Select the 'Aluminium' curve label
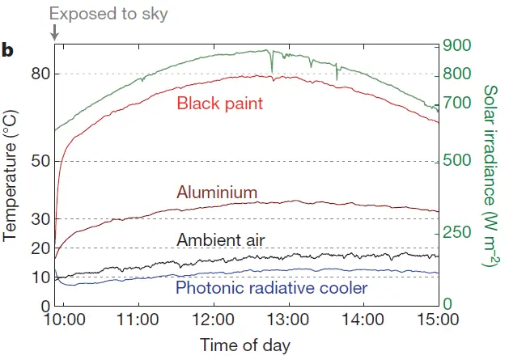[x=217, y=193]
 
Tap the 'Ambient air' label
[x=221, y=239]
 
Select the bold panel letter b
[x=8, y=52]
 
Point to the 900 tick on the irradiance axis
[x=458, y=45]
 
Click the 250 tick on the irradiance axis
[x=458, y=233]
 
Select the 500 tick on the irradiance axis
[x=458, y=161]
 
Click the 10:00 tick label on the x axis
[x=65, y=319]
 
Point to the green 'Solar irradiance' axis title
[x=489, y=175]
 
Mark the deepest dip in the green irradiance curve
[x=337, y=78]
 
